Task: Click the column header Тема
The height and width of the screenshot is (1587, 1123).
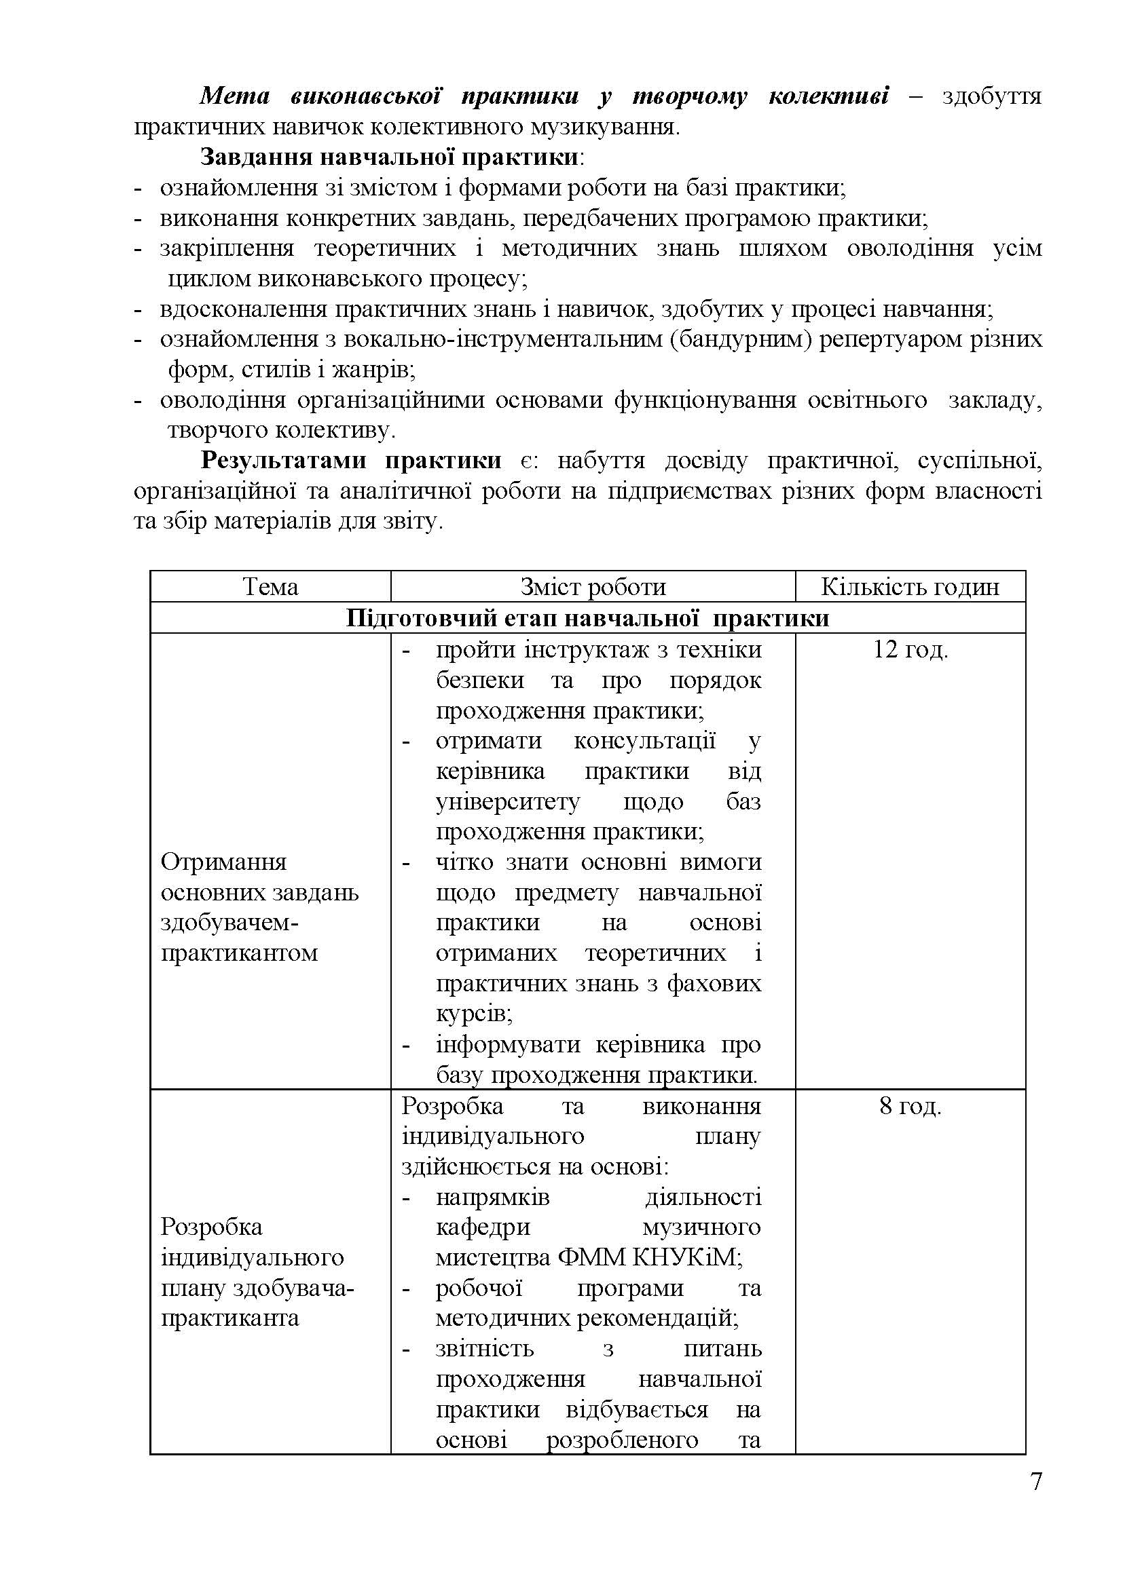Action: click(270, 587)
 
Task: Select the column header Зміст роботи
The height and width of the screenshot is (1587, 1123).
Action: click(593, 587)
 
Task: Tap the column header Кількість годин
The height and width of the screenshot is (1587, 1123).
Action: click(909, 587)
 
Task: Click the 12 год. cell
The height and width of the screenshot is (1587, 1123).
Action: click(910, 650)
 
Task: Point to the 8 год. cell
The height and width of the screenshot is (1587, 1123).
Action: click(910, 1107)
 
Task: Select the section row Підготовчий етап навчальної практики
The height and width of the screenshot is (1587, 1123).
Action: click(587, 617)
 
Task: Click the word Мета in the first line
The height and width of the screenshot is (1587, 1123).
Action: click(234, 96)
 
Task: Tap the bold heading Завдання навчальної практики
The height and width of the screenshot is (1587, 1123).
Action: click(389, 157)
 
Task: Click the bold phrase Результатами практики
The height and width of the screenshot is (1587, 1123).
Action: click(351, 460)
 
